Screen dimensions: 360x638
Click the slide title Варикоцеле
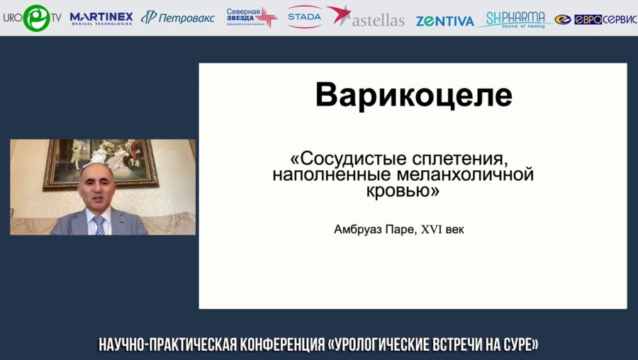click(413, 96)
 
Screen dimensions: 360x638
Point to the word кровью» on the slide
click(403, 191)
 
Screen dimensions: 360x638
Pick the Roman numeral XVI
click(432, 230)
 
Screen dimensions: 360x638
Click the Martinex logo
click(101, 18)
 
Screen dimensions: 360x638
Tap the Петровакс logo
click(178, 18)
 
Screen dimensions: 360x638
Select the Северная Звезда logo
click(252, 18)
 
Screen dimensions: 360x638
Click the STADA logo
click(304, 16)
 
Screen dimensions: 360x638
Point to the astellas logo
click(366, 18)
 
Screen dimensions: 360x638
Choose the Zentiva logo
click(444, 21)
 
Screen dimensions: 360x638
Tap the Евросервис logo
click(595, 19)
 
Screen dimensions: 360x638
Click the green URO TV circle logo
click(35, 18)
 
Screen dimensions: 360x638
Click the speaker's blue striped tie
click(99, 225)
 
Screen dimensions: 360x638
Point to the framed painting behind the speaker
click(100, 162)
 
